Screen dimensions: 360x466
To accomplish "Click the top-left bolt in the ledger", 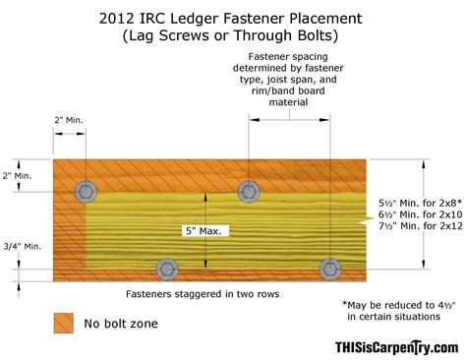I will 87,189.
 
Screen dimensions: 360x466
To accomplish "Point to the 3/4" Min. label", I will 21,246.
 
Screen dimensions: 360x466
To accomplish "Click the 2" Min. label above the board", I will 71,121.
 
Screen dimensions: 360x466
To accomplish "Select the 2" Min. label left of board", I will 20,175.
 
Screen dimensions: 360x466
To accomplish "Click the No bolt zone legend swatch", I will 64,322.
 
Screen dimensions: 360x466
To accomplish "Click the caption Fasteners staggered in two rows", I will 206,294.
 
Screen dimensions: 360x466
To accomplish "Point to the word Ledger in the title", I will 214,18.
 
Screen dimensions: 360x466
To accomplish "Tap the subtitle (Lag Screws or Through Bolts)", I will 233,36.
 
